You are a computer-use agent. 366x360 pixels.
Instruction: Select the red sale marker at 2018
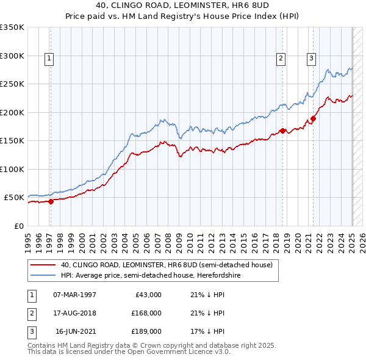pos(283,131)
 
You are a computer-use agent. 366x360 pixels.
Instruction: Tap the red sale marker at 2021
pos(314,119)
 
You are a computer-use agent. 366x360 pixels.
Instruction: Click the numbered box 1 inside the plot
pos(49,59)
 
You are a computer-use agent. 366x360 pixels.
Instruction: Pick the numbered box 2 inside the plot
pos(281,59)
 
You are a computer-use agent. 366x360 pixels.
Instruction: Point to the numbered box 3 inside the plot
pos(311,59)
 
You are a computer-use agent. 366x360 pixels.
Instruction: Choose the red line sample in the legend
pos(42,265)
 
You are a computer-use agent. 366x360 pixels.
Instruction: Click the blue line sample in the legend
pos(42,276)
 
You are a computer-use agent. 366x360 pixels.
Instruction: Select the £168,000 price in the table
pos(146,313)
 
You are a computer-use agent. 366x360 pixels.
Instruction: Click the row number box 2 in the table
pos(31,313)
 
